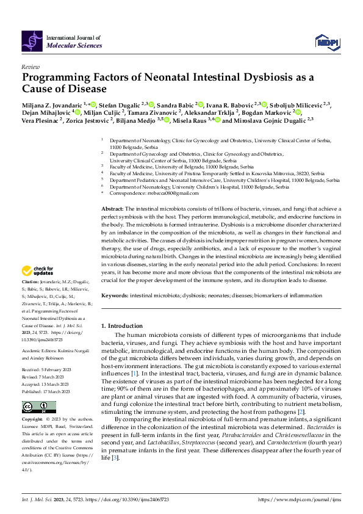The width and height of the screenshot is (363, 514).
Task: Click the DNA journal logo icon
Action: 32,41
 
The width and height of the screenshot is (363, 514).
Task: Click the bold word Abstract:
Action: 112,209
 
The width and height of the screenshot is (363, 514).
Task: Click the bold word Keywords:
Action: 114,295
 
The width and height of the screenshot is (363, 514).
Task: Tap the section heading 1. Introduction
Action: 122,325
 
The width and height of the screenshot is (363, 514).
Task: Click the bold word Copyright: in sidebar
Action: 32,420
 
